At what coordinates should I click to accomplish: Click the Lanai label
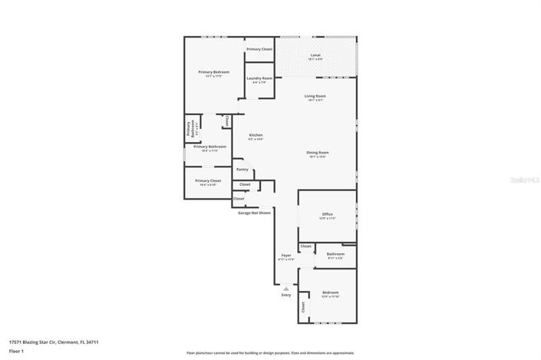[x=315, y=55]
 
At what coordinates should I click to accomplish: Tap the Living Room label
[x=315, y=96]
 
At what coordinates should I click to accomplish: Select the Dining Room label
[x=317, y=153]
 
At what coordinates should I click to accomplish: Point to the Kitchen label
[x=256, y=135]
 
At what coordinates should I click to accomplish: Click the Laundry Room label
[x=259, y=78]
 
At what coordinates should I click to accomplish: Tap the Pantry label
[x=242, y=170]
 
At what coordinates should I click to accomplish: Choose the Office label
[x=327, y=214]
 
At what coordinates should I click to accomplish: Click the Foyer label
[x=286, y=255]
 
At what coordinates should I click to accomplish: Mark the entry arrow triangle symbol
[x=286, y=289]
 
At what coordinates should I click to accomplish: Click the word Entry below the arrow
[x=286, y=295]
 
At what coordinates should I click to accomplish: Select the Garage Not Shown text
[x=254, y=213]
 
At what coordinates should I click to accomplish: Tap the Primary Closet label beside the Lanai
[x=259, y=49]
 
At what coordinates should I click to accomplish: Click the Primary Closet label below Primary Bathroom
[x=208, y=180]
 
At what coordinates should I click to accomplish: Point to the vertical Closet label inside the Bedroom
[x=303, y=306]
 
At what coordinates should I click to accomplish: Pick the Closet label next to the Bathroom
[x=305, y=246]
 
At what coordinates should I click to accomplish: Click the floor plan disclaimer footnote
[x=269, y=353]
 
